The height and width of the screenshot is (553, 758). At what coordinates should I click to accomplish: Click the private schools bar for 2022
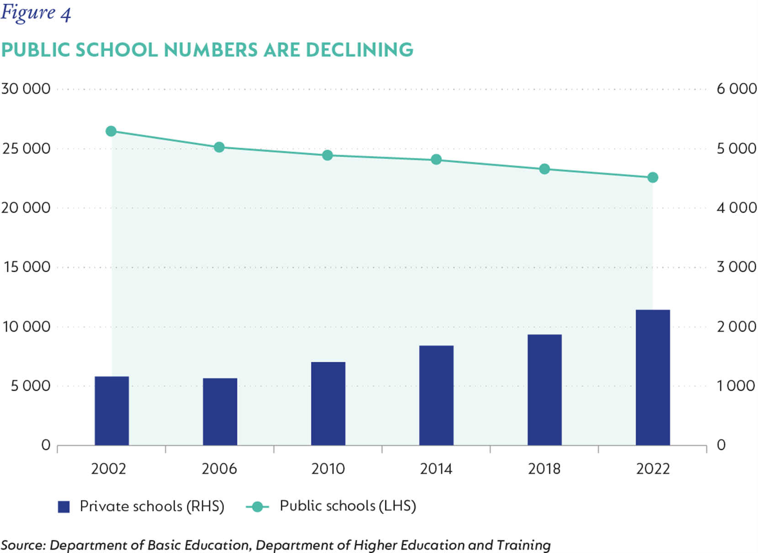652,377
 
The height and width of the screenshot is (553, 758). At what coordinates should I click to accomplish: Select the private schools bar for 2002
112,411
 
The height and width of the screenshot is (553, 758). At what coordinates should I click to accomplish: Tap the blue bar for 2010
328,403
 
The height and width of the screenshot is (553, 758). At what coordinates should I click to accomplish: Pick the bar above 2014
436,395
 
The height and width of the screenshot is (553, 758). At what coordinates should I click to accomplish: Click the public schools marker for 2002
111,131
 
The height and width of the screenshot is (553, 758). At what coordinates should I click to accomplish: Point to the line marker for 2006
219,147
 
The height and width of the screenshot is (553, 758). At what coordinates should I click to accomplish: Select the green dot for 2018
544,169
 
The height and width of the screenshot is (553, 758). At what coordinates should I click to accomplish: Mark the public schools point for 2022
652,177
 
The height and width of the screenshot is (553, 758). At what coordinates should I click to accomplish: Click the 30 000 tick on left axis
26,89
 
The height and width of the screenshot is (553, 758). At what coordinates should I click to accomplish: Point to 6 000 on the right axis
737,89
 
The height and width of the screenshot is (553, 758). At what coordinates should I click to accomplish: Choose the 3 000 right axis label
737,267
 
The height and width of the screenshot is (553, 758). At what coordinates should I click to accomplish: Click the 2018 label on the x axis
544,469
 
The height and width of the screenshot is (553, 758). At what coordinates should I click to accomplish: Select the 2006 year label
219,469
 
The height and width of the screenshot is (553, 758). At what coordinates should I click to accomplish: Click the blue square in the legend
64,506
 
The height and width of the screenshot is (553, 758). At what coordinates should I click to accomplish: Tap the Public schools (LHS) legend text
348,506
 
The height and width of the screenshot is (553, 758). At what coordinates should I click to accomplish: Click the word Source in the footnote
23,545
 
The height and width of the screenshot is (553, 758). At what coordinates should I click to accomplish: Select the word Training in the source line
523,545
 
